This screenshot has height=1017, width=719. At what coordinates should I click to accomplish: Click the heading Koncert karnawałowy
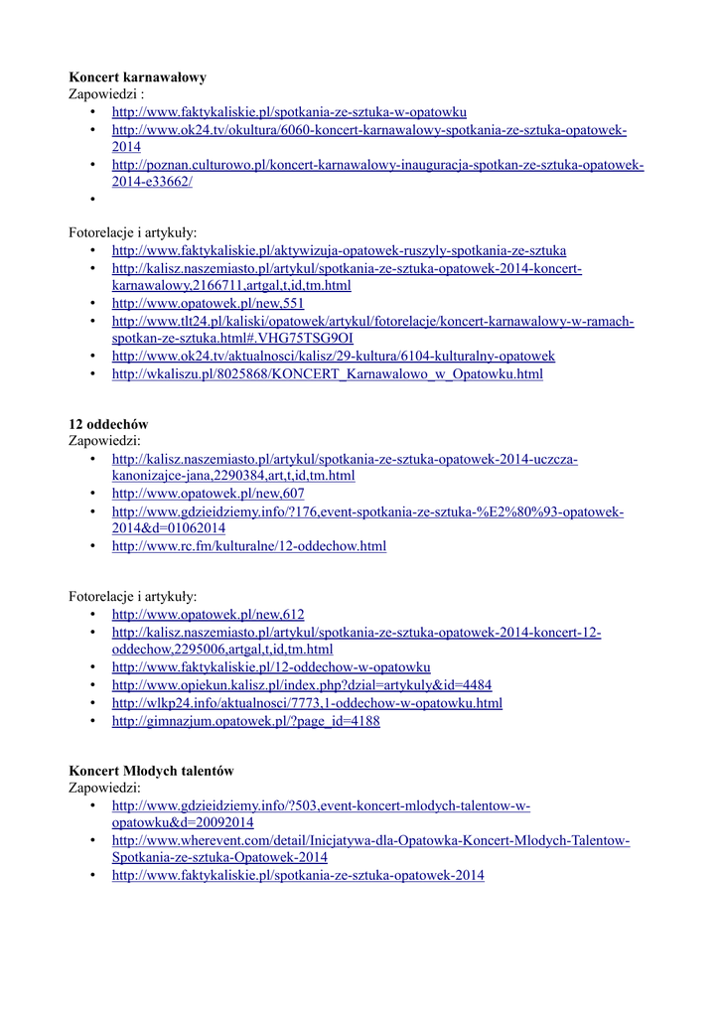coord(137,76)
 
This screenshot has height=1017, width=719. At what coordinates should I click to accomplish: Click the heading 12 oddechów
coord(108,424)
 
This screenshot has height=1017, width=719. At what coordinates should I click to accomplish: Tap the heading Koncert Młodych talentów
coord(151,771)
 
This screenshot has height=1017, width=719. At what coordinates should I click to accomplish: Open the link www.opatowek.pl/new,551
coord(208,303)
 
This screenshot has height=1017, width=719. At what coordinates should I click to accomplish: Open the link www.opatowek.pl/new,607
coord(208,494)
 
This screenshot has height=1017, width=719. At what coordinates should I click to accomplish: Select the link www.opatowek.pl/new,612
coord(208,615)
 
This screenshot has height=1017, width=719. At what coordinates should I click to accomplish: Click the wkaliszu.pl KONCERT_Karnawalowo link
coord(327,374)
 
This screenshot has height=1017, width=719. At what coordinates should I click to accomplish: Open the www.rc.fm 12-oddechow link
coord(248,546)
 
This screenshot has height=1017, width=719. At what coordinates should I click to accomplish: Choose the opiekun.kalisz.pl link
coord(301,685)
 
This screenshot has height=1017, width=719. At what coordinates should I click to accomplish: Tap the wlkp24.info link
coord(307,703)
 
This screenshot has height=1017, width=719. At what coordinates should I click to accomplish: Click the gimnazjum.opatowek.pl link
coord(245,721)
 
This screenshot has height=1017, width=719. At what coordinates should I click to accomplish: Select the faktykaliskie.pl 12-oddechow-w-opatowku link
coord(270,667)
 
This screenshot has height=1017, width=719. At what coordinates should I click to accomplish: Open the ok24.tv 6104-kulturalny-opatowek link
coord(333,356)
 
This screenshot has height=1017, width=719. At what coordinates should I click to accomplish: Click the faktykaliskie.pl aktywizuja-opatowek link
coord(339,250)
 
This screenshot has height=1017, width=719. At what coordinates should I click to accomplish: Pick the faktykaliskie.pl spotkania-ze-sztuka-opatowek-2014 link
coord(298,876)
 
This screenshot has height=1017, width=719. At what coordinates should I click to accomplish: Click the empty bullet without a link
coord(93,199)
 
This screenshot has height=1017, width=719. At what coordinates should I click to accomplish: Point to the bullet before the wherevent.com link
coord(93,841)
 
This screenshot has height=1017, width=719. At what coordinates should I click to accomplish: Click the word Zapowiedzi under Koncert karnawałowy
coord(105,94)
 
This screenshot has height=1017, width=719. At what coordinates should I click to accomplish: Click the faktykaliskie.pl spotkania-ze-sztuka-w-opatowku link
coord(289,112)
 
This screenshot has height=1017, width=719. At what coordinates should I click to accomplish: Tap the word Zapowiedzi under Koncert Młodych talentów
coord(103,789)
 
